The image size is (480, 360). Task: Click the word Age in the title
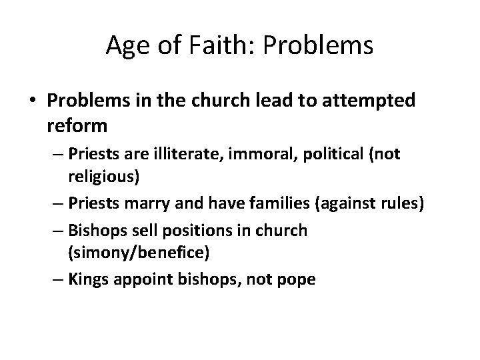pyautogui.click(x=123, y=45)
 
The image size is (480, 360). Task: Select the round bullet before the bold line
pyautogui.click(x=34, y=101)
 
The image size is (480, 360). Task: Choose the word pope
pyautogui.click(x=298, y=279)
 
